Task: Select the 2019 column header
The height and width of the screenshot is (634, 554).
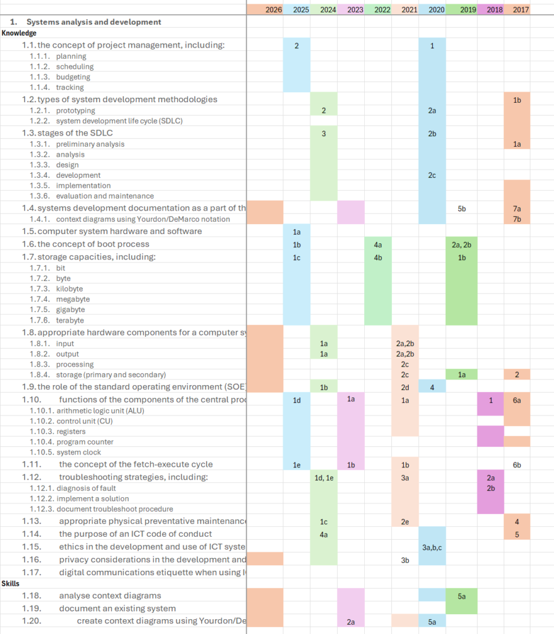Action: point(468,10)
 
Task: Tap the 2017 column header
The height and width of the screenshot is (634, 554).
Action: point(521,10)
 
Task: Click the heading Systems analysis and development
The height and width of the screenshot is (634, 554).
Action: point(93,22)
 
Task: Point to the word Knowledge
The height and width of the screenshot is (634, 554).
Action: point(19,33)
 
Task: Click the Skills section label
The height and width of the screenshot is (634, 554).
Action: point(11,583)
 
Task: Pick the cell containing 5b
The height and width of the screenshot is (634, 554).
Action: point(462,209)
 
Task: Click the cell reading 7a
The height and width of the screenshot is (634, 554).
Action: point(517,209)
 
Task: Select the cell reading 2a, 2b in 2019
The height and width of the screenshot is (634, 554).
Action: point(462,245)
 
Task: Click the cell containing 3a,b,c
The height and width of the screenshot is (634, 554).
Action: point(432,547)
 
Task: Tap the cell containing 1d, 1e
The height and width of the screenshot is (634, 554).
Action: point(324,477)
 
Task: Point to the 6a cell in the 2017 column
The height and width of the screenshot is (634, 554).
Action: point(517,400)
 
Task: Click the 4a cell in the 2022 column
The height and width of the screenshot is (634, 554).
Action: point(378,245)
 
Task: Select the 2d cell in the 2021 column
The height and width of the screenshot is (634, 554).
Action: point(405,388)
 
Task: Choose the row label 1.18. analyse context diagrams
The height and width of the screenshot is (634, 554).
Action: point(109,596)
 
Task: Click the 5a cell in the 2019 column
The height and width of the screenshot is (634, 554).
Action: point(462,596)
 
